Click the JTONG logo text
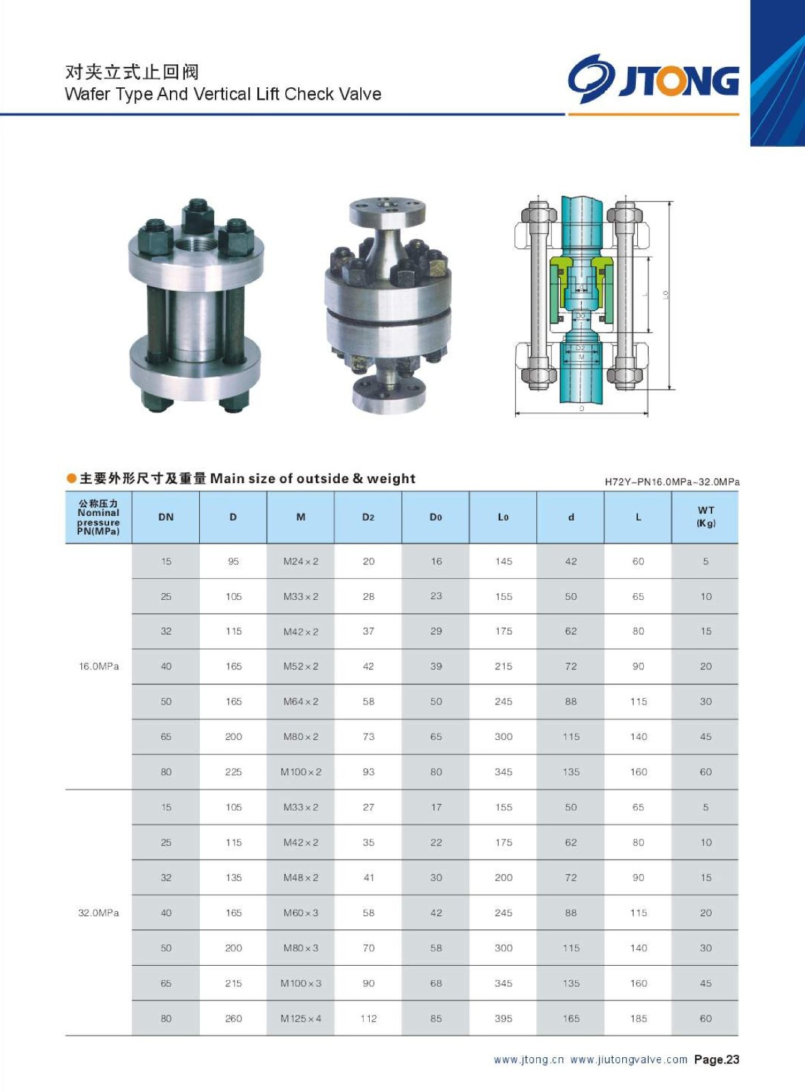tap(679, 81)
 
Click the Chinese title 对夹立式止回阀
tap(132, 72)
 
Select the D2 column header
tap(368, 517)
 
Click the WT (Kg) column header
tap(705, 517)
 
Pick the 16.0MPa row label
tap(99, 666)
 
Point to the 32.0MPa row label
tap(99, 913)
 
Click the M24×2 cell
tap(301, 562)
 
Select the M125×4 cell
tap(301, 1018)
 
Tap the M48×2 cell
tap(301, 878)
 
